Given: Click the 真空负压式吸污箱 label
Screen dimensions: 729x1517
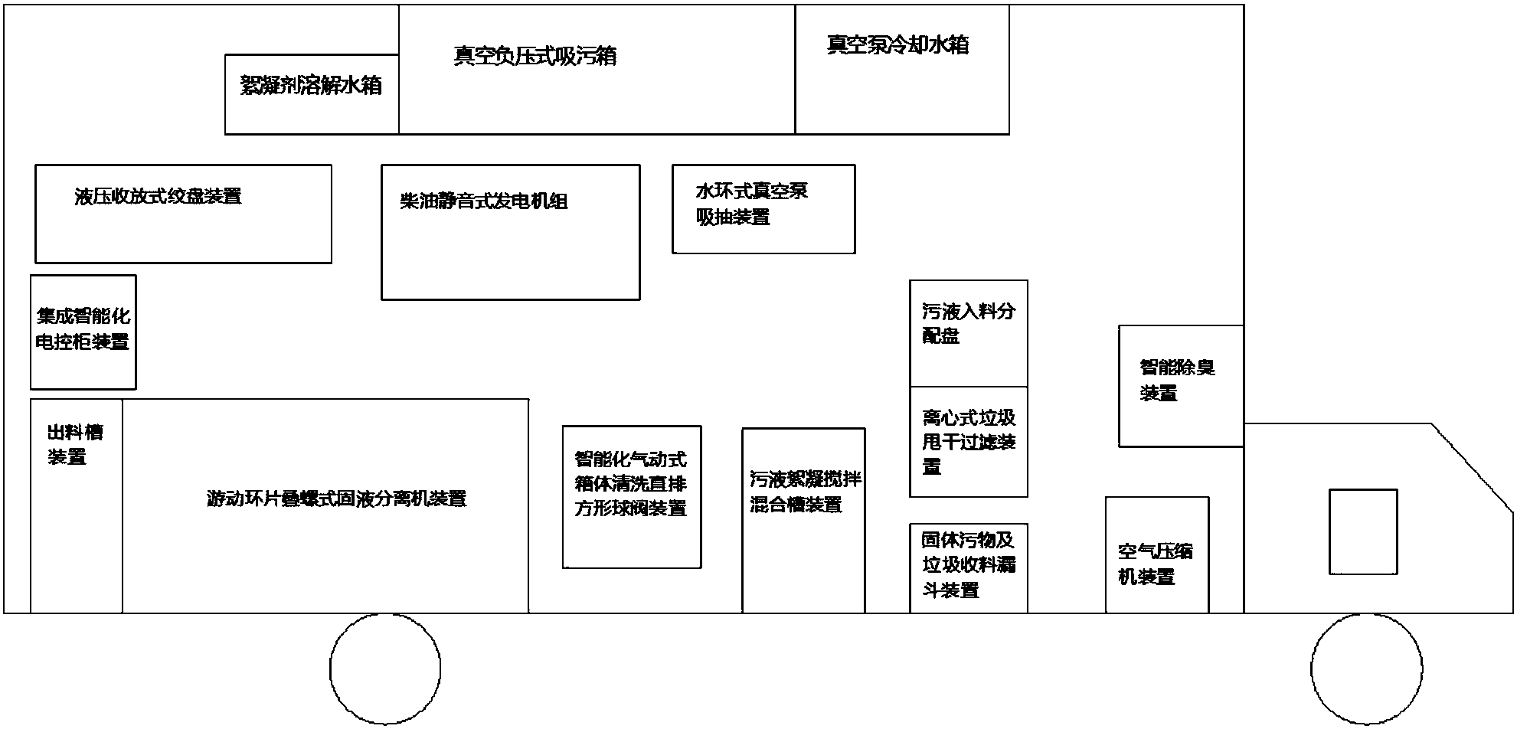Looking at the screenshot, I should (535, 57).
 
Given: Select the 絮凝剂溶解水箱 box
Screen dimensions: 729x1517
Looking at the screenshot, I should (312, 94).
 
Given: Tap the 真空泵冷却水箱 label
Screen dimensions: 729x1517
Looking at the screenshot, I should (897, 45).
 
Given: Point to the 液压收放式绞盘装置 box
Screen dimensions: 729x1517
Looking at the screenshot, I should (183, 214).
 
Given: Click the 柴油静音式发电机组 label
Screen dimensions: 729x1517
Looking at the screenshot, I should (484, 202).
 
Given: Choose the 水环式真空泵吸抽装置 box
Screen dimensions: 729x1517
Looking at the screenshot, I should (763, 208).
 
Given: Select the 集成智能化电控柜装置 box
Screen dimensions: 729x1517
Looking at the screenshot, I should (83, 332).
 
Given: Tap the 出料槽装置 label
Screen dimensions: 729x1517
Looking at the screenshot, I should (75, 445).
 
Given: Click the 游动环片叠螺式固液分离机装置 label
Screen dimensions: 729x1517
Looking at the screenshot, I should (336, 499).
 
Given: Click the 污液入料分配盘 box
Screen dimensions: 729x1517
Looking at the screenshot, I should (968, 333).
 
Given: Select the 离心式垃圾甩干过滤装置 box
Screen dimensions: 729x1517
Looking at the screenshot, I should (968, 442).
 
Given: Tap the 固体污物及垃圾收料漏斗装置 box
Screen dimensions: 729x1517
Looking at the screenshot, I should (968, 567).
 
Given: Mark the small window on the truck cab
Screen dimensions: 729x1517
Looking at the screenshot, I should (1362, 531).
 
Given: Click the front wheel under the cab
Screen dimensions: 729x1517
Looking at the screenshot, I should (1366, 669).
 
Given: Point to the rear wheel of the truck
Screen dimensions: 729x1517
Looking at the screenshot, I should (385, 669).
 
